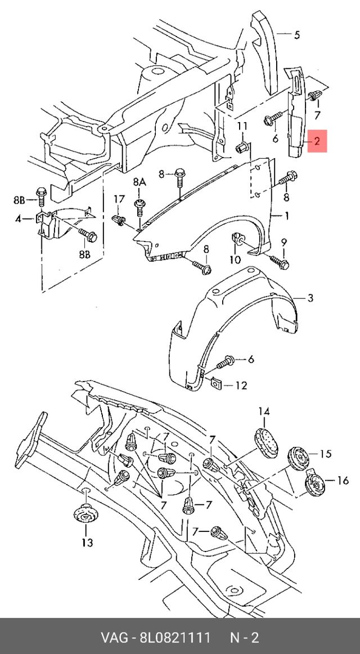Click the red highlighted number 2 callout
pyautogui.click(x=318, y=141)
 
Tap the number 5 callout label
pyautogui.click(x=296, y=35)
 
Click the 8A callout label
pyautogui.click(x=139, y=182)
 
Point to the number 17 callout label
pyautogui.click(x=119, y=199)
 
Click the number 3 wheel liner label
pyautogui.click(x=310, y=298)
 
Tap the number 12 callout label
pyautogui.click(x=241, y=386)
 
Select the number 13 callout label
pyautogui.click(x=87, y=543)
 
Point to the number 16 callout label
pyautogui.click(x=343, y=480)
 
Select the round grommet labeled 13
pyautogui.click(x=85, y=516)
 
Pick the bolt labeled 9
pyautogui.click(x=278, y=261)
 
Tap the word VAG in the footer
pyautogui.click(x=113, y=638)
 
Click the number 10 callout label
pyautogui.click(x=235, y=259)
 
